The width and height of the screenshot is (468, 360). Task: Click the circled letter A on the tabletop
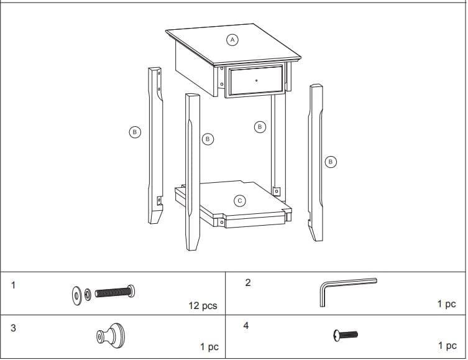[x=232, y=39]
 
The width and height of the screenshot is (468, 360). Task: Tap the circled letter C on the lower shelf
[x=239, y=201]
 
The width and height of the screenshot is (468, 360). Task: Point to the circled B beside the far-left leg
[x=134, y=132]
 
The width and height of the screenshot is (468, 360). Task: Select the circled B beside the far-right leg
[x=330, y=162]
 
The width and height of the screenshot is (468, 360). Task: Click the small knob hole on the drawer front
[x=257, y=80]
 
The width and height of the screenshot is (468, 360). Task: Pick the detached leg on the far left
[x=155, y=146]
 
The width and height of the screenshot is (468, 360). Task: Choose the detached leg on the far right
[x=316, y=162]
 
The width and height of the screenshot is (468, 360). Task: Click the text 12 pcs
[x=203, y=306]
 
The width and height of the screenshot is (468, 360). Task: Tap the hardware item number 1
[x=14, y=285]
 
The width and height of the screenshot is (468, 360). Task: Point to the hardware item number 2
[x=248, y=282]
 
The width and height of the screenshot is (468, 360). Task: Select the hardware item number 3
[x=13, y=328]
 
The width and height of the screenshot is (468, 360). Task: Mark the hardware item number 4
[x=246, y=325]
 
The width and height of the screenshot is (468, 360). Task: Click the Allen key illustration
[x=345, y=288]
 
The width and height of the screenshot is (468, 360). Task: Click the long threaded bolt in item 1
[x=116, y=291]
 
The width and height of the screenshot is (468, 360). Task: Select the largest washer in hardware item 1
[x=76, y=294]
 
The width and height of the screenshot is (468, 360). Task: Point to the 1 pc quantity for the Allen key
[x=446, y=304]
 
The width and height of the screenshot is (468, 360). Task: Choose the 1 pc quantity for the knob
[x=209, y=347]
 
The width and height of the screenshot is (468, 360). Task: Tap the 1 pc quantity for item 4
[x=447, y=345]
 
